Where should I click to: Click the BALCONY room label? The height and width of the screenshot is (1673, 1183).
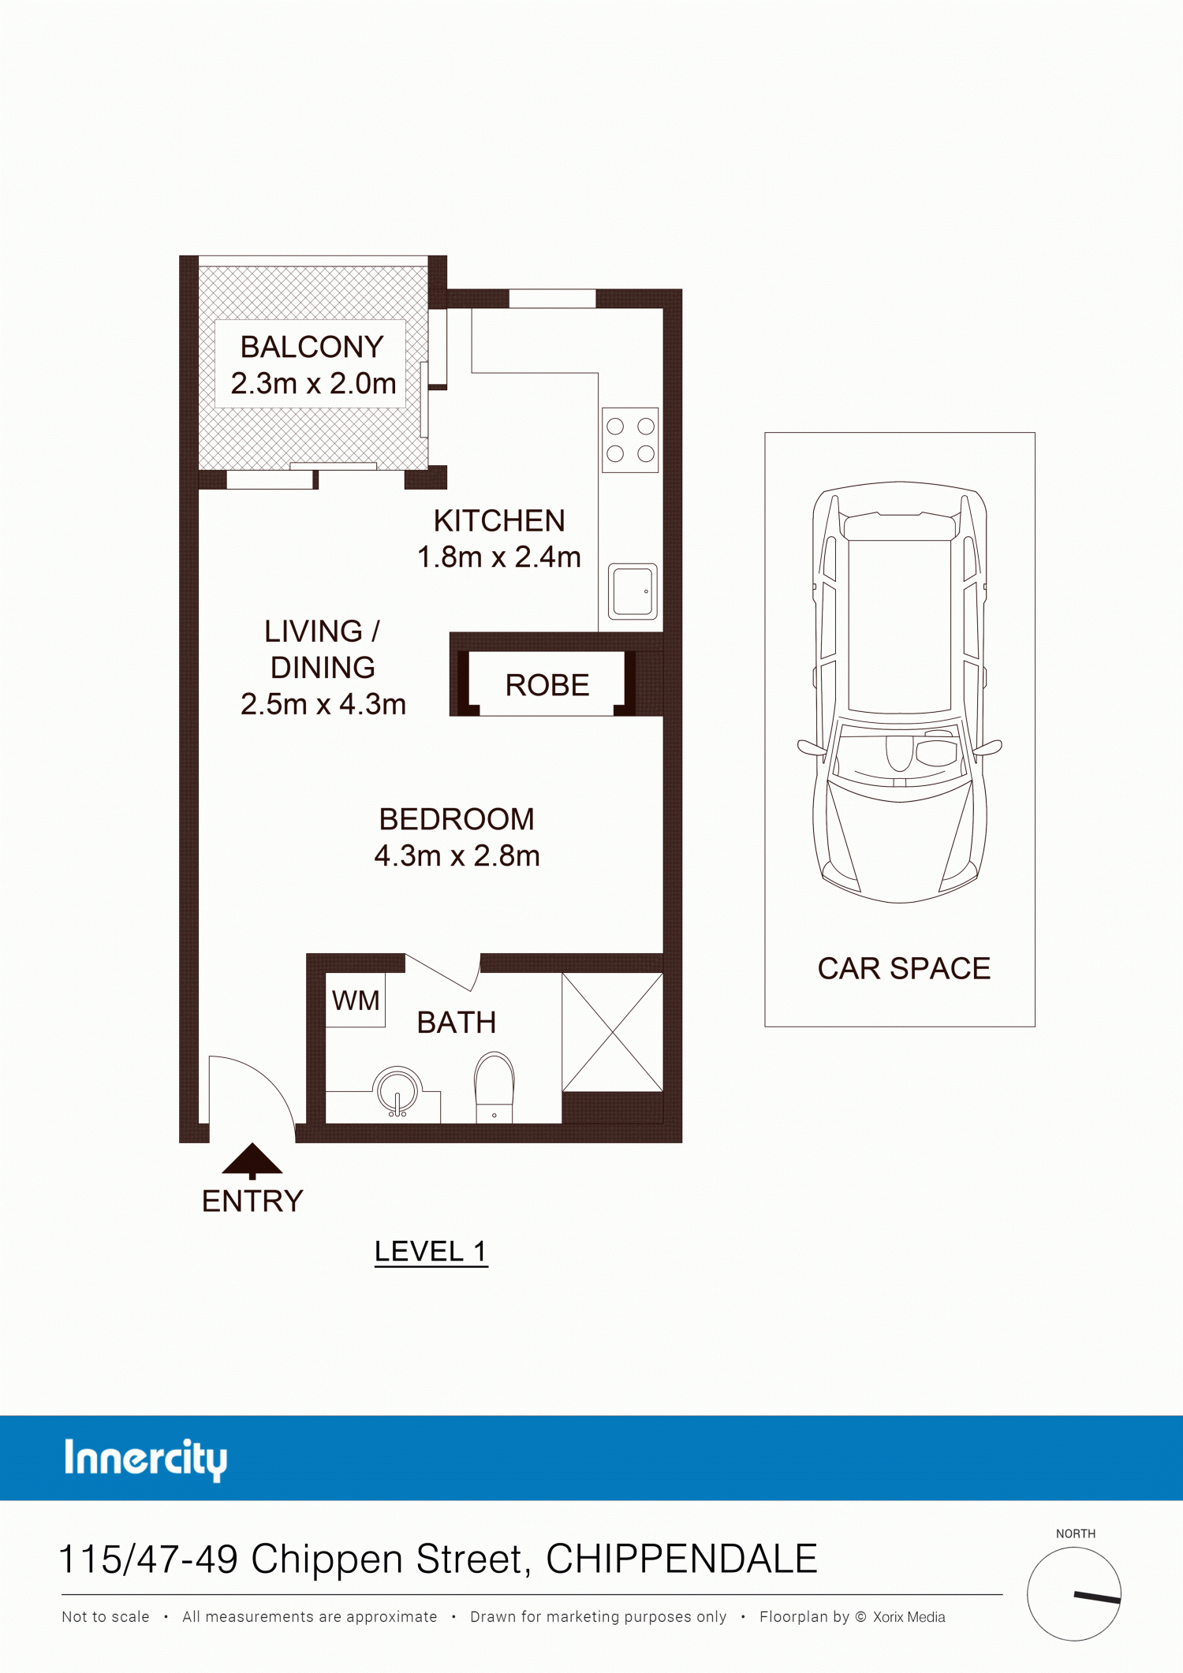312,347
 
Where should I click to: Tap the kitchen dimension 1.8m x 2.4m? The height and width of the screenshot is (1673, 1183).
498,557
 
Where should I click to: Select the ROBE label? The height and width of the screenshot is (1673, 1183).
547,685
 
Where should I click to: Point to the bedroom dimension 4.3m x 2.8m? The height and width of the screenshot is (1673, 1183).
457,855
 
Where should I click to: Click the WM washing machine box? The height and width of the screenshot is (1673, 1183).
356,1000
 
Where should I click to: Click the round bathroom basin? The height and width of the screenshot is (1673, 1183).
397,1091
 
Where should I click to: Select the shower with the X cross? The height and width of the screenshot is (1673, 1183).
612,1032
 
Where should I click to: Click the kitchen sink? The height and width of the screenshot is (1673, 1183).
633,591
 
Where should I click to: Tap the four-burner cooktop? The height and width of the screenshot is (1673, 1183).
630,440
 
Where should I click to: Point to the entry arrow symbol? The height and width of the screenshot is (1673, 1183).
252,1161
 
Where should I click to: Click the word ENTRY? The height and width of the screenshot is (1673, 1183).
252,1202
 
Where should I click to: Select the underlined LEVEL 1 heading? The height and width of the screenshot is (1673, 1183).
431,1251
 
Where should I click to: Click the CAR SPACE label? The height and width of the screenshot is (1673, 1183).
904,968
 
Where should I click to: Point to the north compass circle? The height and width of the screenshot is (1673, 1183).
1074,1593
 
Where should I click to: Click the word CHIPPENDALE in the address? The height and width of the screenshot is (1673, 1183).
681,1559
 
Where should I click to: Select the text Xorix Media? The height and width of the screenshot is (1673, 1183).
909,1617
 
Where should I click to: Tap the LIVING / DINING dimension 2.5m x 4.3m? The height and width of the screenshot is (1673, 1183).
323,704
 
